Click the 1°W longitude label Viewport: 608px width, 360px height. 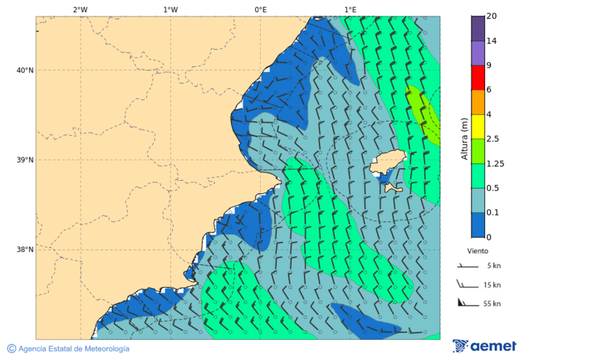coord(170,9)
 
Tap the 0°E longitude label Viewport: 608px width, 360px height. coord(260,9)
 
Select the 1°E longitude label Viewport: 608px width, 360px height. coord(350,9)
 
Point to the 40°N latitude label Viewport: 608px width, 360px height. coord(25,70)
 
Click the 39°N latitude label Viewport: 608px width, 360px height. coord(25,160)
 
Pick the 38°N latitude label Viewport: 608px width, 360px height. coord(25,250)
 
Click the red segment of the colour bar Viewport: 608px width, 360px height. coord(478,78)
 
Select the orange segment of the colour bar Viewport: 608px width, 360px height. coord(478,102)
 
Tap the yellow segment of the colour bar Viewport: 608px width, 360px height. coord(478,126)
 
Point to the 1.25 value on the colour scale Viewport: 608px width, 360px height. coord(496,163)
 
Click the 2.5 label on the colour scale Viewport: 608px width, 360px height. coord(492,139)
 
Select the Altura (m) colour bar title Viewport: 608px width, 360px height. coord(464,138)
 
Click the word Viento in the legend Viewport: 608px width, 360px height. coord(478,251)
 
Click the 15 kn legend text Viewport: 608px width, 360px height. coord(492,285)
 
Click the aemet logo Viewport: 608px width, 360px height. coord(484,346)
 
